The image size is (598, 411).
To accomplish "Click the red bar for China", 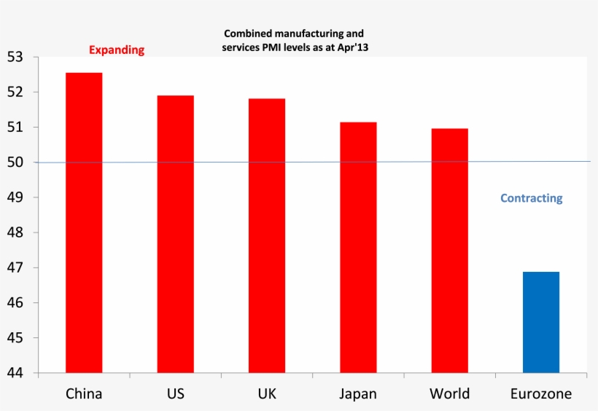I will [x=84, y=222].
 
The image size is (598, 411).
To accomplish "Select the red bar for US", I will [x=175, y=233].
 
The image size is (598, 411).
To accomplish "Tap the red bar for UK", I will [x=267, y=235].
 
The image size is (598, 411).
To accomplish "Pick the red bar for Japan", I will [x=358, y=247].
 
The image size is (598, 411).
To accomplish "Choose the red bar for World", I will [x=449, y=250].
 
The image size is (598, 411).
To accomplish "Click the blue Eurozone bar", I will [x=541, y=322].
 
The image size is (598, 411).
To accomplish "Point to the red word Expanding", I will [x=117, y=50].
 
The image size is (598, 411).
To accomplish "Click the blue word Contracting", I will [x=531, y=198].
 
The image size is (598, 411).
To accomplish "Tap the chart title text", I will [x=294, y=40].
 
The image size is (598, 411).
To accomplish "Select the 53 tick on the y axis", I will [x=15, y=57].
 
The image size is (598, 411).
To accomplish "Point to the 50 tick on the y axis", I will [x=15, y=163].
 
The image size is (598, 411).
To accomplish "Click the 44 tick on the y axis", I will [x=15, y=373].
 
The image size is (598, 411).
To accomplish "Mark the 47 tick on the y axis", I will [x=15, y=267].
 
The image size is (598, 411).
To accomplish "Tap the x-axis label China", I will [x=84, y=394].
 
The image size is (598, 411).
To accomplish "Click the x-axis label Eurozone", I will [x=541, y=394].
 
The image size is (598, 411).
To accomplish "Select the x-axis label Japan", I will [x=358, y=394].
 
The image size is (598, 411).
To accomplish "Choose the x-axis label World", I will [x=449, y=394].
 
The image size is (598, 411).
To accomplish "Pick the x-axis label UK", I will [x=267, y=394].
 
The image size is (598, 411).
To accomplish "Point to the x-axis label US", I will [x=175, y=394].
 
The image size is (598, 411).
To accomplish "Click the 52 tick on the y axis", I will [x=15, y=92].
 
